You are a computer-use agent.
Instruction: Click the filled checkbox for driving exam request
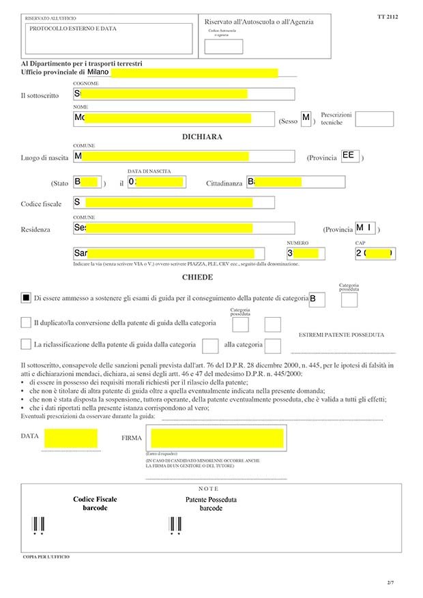point(26,298)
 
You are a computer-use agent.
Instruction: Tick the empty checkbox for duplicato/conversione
point(26,322)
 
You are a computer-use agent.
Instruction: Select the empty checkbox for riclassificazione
point(26,344)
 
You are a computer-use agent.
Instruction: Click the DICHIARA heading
point(202,137)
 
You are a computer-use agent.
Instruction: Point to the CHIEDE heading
point(197,278)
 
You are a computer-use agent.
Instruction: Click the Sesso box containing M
point(306,119)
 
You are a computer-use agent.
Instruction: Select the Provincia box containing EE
point(349,156)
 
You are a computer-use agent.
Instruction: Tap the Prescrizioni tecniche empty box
point(374,119)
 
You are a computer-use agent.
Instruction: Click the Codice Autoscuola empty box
point(224,46)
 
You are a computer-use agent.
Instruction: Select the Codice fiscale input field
point(173,203)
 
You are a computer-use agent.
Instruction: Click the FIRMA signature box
point(217,437)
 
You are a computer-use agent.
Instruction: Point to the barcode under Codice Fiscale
point(38,524)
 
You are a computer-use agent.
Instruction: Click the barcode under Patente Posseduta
point(175,524)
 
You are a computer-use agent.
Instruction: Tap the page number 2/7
point(390,583)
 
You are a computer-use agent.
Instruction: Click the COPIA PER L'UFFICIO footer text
point(46,557)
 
